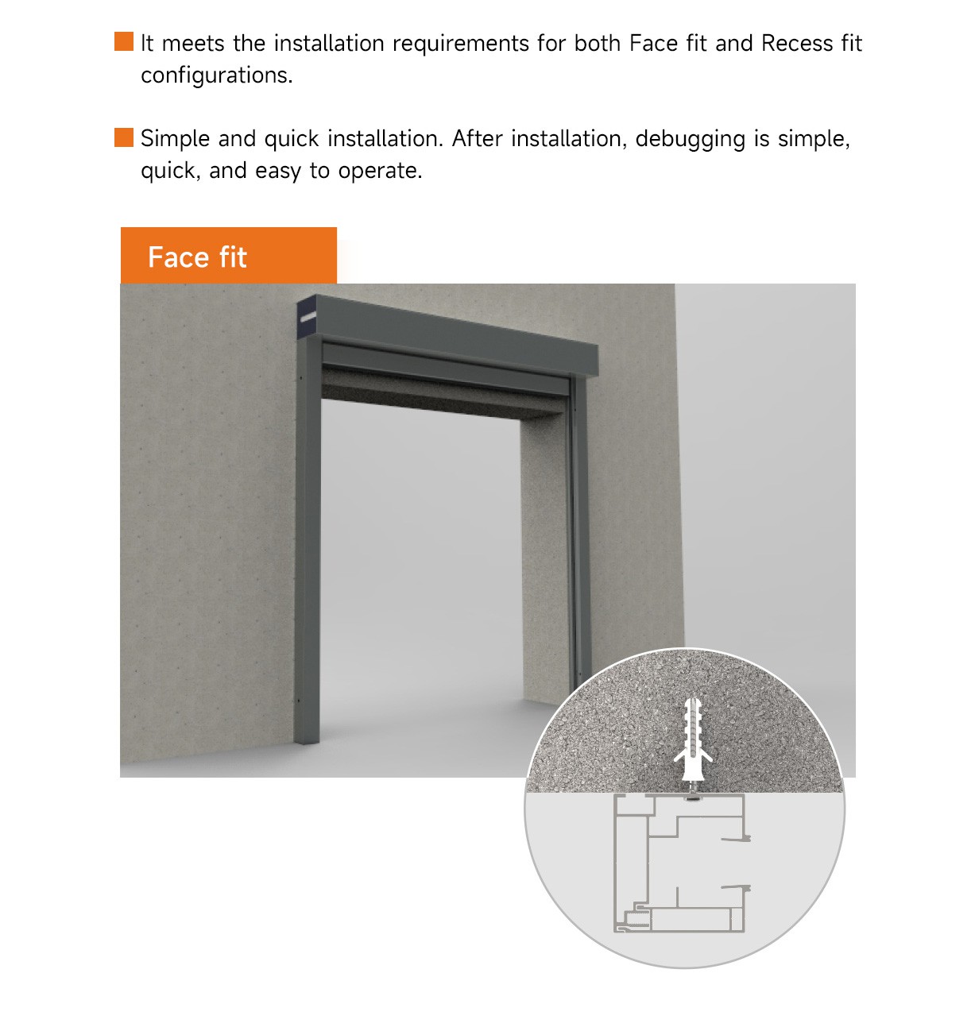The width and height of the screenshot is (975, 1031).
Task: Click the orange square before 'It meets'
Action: (x=124, y=42)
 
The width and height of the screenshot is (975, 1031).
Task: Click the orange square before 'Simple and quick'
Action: (x=124, y=137)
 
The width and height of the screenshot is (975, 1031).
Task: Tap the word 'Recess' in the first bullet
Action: (x=796, y=44)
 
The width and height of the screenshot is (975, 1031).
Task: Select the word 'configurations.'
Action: (x=217, y=75)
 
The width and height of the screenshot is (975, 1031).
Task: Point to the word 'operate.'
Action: (x=380, y=172)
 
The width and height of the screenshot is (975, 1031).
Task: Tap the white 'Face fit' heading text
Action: (x=197, y=257)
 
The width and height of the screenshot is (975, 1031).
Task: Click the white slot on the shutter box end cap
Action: (x=308, y=317)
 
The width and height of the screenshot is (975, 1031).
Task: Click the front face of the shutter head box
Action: (x=457, y=334)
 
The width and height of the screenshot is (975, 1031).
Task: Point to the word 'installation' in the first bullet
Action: (x=329, y=44)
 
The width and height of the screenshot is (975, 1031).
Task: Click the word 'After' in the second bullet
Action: (x=477, y=138)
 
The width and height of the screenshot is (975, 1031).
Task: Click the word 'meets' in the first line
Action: (x=193, y=44)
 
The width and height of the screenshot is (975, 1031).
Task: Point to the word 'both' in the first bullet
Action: (x=598, y=44)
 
